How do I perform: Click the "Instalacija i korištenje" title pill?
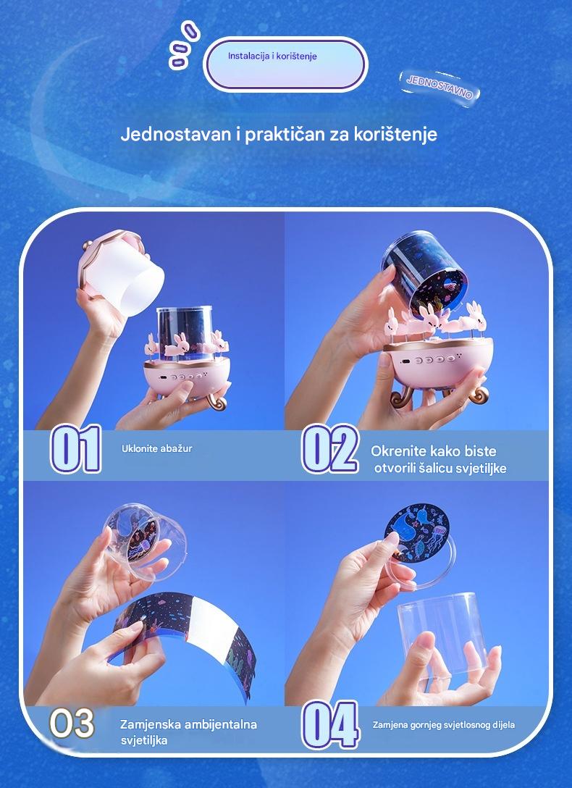point(285,64)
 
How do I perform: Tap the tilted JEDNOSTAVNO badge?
point(439,86)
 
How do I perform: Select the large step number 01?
point(76,449)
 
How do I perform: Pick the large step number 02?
point(329,449)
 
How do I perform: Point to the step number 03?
point(72,724)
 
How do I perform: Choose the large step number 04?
point(330,725)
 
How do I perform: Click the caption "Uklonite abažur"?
point(156,449)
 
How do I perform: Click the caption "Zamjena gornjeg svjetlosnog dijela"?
point(443,725)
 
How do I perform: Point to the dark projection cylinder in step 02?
point(425,273)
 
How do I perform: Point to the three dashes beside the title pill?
point(184,44)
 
